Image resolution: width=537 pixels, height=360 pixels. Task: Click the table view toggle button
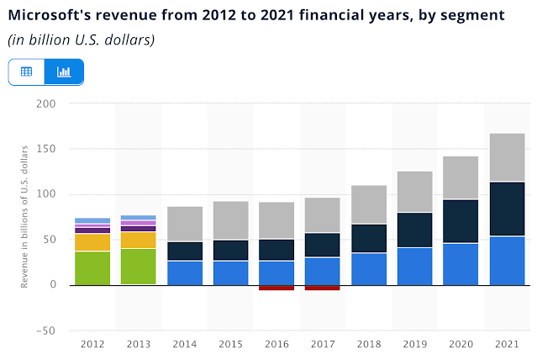pos(26,71)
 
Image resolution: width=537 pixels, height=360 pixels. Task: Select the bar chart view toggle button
pos(64,71)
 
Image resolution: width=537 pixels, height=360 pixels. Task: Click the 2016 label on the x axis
pos(276,345)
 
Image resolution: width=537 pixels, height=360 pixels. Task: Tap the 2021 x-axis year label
pos(507,345)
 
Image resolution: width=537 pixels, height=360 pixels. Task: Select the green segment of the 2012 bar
pos(92,267)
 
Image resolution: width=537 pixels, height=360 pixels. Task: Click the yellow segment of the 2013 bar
pos(138,240)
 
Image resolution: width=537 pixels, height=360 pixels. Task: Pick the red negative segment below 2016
pos(276,288)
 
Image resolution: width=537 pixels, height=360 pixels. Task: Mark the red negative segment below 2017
pos(323,288)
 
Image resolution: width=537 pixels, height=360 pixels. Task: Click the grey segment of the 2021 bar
pos(507,157)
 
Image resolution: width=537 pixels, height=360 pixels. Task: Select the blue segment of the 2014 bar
pos(184,273)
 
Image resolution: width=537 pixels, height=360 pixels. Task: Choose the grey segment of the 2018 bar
pos(368,204)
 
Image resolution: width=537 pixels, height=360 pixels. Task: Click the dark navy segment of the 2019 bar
pos(414,230)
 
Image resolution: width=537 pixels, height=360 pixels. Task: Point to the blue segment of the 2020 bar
pos(461,263)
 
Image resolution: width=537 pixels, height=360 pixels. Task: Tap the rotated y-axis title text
pos(26,216)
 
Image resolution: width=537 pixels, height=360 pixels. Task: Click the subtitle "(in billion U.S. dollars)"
pos(82,40)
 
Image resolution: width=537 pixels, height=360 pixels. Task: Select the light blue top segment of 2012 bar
pos(92,220)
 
